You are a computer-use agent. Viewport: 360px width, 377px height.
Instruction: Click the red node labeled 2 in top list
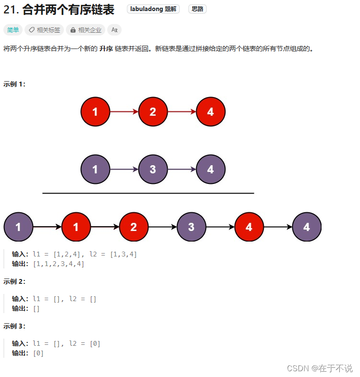click(153, 112)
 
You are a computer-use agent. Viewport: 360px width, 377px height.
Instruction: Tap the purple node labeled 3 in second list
click(153, 170)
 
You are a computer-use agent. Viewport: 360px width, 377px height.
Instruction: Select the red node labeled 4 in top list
click(211, 112)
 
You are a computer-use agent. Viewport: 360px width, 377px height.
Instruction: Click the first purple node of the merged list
click(18, 227)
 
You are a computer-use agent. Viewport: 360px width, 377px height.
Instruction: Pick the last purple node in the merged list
click(307, 227)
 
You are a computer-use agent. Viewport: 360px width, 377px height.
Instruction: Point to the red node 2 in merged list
click(134, 227)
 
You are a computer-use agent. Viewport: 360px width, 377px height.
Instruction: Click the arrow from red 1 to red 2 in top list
click(124, 112)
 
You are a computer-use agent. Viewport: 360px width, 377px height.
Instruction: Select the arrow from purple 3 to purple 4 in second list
click(182, 170)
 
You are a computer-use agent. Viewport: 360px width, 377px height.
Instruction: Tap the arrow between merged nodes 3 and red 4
click(220, 227)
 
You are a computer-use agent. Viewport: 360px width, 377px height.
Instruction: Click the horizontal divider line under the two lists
click(148, 193)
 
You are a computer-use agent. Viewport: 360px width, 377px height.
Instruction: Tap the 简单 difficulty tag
click(12, 30)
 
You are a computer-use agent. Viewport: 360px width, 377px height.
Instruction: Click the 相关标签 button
click(44, 30)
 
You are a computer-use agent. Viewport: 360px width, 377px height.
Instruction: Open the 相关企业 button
click(86, 30)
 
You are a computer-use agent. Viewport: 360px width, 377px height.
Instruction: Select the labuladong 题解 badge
click(153, 9)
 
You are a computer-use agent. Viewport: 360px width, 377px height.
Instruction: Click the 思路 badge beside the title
click(197, 9)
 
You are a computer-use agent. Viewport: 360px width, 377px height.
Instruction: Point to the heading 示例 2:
click(14, 281)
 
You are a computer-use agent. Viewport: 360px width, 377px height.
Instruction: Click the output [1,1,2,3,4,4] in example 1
click(59, 264)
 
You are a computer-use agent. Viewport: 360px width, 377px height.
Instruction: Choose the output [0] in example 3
click(38, 353)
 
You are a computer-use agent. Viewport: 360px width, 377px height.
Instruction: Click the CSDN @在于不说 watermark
click(320, 368)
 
